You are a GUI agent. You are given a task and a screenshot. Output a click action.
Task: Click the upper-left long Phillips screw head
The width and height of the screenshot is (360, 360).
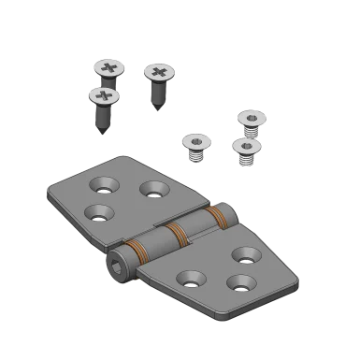click(x=109, y=68)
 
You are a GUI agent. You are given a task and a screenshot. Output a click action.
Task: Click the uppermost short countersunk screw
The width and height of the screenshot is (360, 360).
click(x=251, y=119)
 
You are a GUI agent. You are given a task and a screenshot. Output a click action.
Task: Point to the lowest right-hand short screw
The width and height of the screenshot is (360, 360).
click(x=246, y=147)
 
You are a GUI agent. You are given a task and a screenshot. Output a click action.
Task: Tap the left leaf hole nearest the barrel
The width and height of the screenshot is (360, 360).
click(x=153, y=189)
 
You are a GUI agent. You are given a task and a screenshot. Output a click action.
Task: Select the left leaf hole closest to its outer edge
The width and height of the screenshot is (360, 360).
click(x=97, y=212)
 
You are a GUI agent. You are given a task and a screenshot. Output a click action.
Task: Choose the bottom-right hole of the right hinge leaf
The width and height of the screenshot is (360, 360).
click(x=238, y=282)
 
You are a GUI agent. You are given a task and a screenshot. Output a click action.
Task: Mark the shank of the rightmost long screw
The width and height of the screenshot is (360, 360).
click(x=156, y=94)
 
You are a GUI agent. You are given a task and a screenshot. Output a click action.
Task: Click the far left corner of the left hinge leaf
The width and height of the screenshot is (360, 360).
click(x=49, y=197)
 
